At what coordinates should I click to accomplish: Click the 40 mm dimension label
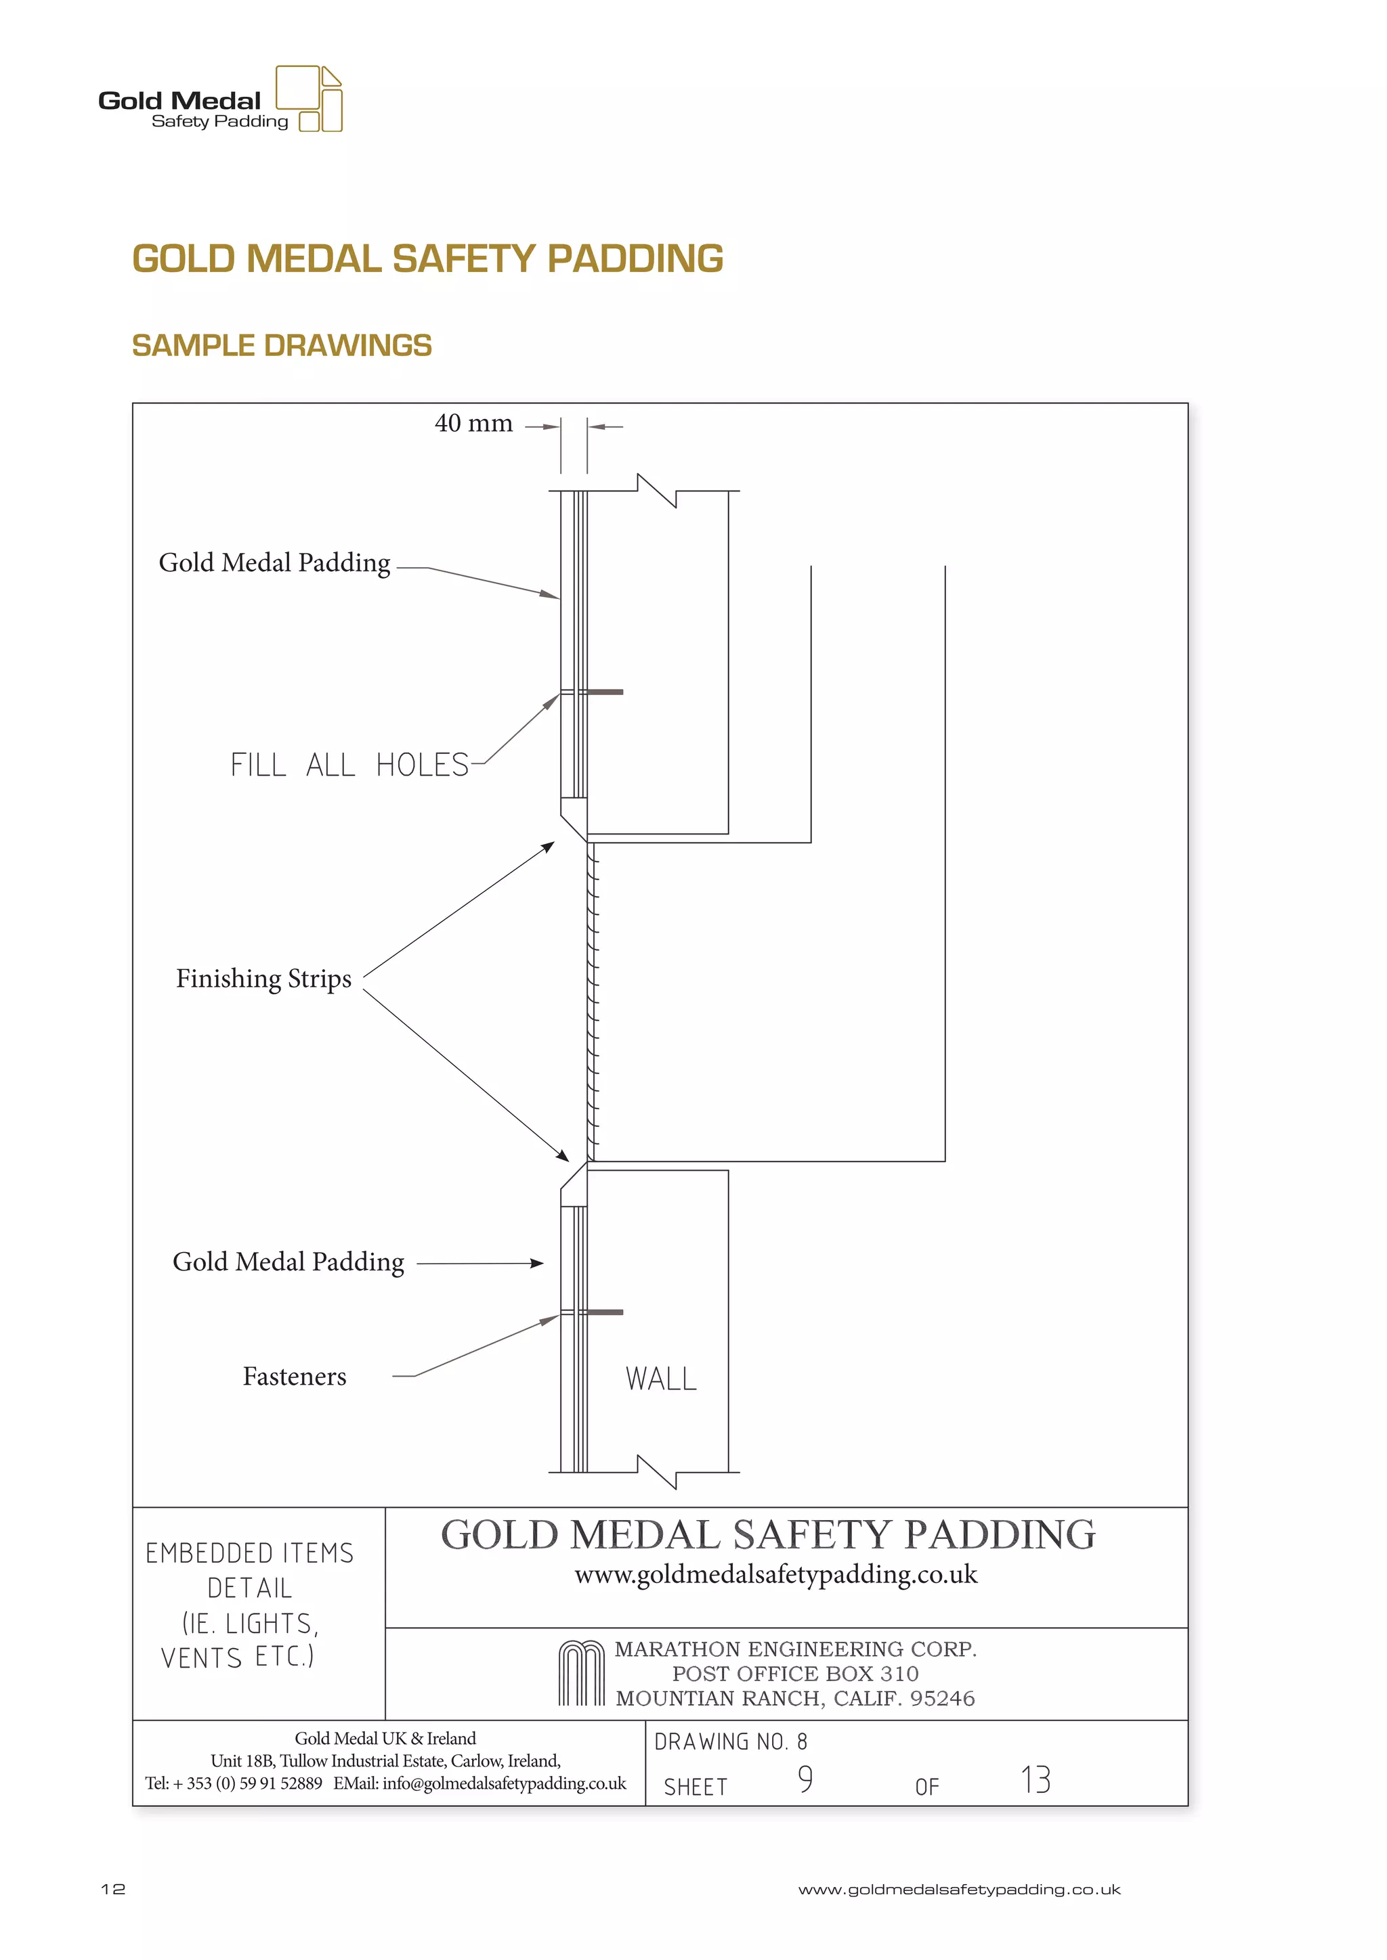pos(473,424)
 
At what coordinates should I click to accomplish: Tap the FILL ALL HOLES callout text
pos(349,765)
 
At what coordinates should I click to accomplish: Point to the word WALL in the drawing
pos(661,1379)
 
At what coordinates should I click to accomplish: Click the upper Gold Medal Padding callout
pos(274,562)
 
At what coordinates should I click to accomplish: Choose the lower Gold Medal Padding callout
pos(288,1262)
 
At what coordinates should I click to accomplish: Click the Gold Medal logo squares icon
pos(310,98)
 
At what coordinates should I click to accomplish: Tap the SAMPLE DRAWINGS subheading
pos(282,346)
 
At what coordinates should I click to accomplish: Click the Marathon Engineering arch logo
pos(582,1673)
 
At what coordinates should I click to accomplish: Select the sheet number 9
pos(805,1779)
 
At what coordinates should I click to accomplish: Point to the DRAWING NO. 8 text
pos(730,1741)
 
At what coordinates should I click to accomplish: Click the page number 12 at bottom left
pos(112,1889)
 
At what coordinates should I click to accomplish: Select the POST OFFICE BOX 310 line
pos(795,1673)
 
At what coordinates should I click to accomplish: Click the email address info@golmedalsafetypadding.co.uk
pos(504,1783)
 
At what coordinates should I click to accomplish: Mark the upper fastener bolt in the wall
pos(604,692)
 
